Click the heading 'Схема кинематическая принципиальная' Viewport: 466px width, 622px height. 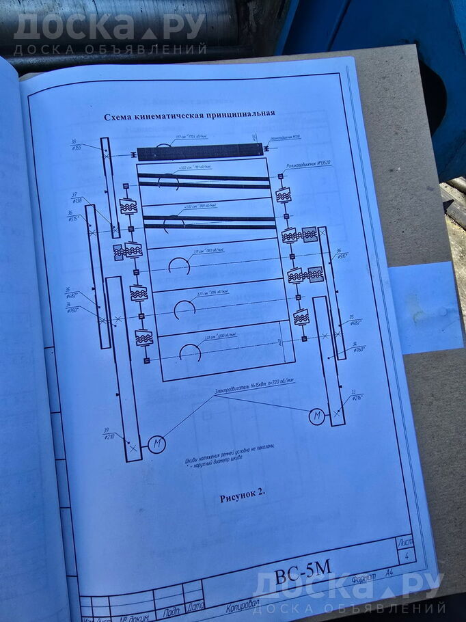189,114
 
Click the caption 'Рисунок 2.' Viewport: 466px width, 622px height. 242,496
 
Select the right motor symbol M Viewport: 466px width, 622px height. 316,416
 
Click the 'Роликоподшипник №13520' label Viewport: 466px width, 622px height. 307,164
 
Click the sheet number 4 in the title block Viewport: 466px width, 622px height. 407,557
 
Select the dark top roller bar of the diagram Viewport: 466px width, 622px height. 200,152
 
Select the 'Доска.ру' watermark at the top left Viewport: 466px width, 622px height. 109,27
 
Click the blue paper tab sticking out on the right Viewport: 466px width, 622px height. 427,308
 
